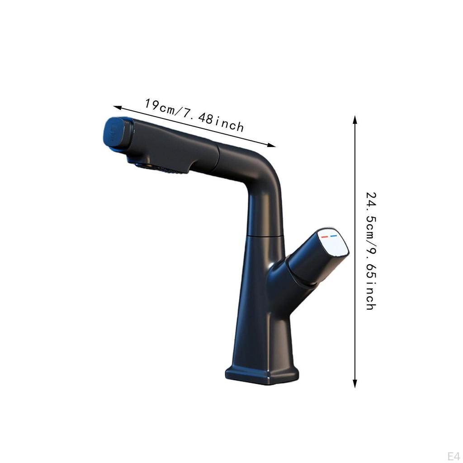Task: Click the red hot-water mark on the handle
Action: [324, 236]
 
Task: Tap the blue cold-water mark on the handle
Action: [334, 236]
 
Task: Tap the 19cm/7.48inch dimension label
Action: [194, 115]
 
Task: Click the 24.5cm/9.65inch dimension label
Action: [370, 251]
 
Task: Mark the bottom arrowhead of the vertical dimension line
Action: [355, 384]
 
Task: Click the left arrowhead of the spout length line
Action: [117, 107]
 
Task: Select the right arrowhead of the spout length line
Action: [272, 145]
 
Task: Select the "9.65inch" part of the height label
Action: [370, 280]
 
